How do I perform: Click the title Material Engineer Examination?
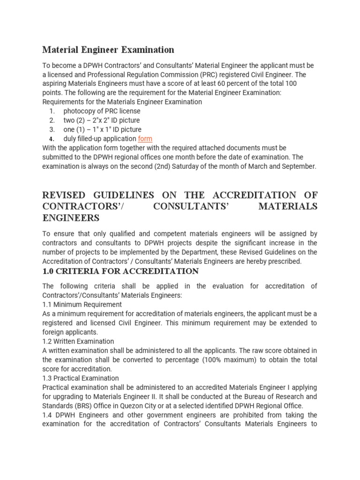point(108,50)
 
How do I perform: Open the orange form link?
point(145,139)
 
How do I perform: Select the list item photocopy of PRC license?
point(102,111)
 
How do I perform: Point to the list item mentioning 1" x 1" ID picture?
point(102,129)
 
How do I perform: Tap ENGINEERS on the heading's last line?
point(71,218)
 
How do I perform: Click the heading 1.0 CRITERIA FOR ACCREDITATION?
point(120,271)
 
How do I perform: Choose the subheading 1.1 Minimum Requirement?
point(82,305)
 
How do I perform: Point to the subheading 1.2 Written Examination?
point(78,341)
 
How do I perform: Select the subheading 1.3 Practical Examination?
point(80,378)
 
